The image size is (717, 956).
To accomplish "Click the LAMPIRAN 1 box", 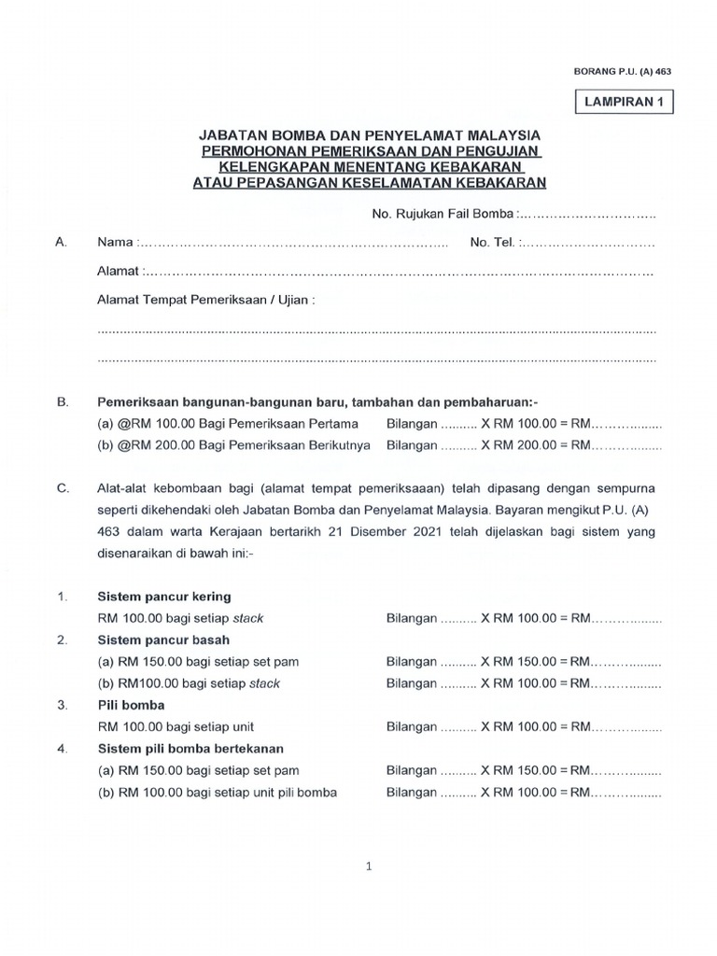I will (x=622, y=104).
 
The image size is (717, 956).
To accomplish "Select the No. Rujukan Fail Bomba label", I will (x=443, y=214).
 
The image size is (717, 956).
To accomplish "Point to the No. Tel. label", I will (x=492, y=243).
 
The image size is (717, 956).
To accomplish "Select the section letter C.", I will (x=63, y=487).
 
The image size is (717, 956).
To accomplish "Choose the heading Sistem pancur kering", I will (x=163, y=597).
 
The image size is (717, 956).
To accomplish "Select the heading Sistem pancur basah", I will (x=163, y=640).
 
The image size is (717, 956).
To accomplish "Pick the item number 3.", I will (x=62, y=705).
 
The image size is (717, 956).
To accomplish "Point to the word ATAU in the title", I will (x=216, y=183).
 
